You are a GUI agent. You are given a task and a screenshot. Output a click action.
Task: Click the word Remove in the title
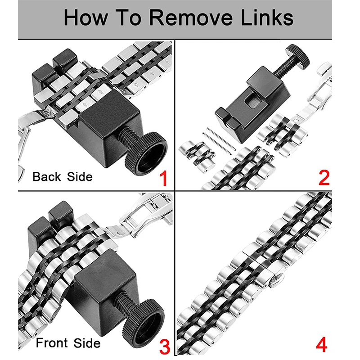click(191, 18)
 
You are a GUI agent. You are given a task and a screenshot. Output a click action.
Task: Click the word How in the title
click(85, 18)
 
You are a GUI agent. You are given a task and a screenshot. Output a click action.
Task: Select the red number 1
click(163, 178)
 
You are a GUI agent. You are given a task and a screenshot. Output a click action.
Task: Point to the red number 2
click(324, 177)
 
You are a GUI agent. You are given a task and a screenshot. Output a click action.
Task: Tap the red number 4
click(321, 344)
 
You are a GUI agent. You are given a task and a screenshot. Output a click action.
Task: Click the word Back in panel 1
click(47, 176)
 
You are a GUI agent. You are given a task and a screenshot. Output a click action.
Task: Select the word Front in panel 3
click(52, 343)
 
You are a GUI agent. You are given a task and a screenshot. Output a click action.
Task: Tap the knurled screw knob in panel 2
click(298, 56)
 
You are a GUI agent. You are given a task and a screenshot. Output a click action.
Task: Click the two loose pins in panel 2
click(219, 140)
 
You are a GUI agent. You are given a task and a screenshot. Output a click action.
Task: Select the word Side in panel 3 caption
click(87, 343)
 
